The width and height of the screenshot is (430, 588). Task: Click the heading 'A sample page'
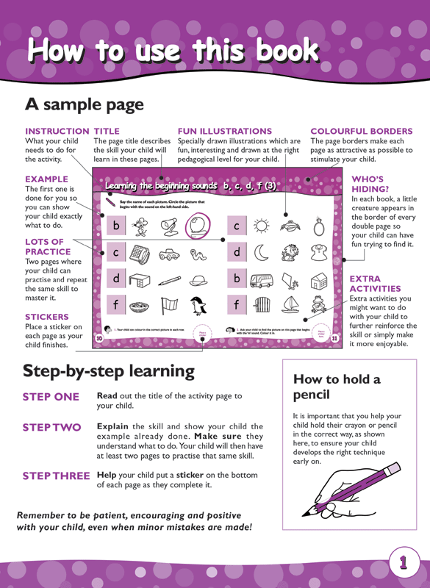[84, 104]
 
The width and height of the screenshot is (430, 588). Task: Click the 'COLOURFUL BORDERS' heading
[362, 131]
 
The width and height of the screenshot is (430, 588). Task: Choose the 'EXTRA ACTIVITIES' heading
[375, 284]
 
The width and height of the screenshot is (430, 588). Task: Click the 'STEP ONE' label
[51, 397]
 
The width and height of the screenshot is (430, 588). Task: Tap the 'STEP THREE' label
[56, 476]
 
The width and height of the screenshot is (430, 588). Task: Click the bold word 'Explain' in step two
[114, 426]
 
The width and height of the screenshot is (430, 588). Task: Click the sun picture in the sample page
[261, 226]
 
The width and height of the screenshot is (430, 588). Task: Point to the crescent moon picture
[262, 253]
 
